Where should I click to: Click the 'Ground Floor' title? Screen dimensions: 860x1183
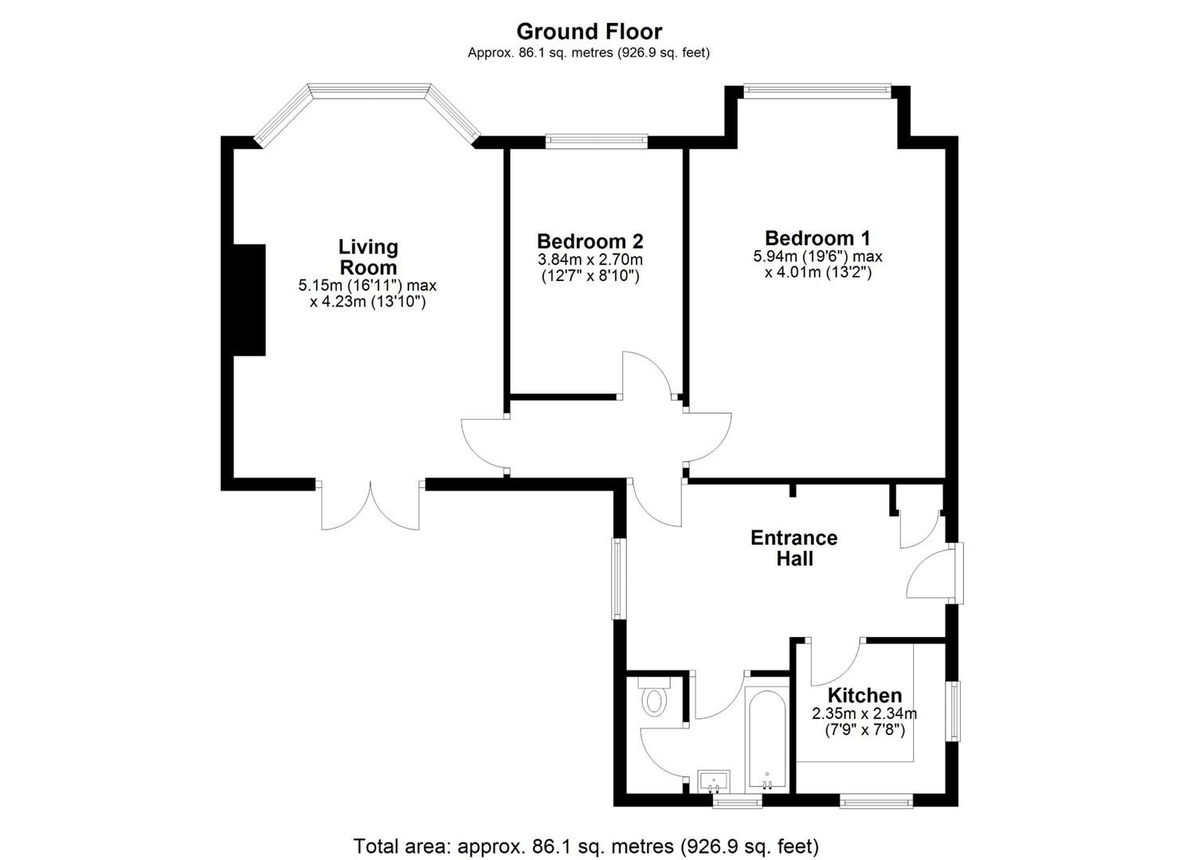pyautogui.click(x=589, y=31)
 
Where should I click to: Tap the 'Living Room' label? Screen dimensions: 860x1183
pyautogui.click(x=367, y=257)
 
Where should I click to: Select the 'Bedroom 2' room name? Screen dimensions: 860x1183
pyautogui.click(x=590, y=240)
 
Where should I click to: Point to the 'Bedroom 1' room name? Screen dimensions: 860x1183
pyautogui.click(x=817, y=237)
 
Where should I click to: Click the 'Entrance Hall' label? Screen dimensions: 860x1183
pyautogui.click(x=794, y=548)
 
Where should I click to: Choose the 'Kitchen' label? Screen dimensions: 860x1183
pyautogui.click(x=864, y=695)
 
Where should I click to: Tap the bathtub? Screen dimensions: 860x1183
pyautogui.click(x=767, y=737)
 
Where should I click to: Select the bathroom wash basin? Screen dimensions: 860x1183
pyautogui.click(x=713, y=780)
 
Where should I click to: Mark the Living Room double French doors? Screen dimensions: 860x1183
pyautogui.click(x=370, y=506)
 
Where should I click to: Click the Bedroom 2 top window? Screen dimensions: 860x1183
pyautogui.click(x=597, y=142)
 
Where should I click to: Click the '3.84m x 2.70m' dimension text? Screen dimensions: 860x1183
pyautogui.click(x=590, y=260)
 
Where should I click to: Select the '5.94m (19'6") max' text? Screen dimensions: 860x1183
pyautogui.click(x=817, y=256)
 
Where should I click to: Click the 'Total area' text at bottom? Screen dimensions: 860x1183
pyautogui.click(x=586, y=845)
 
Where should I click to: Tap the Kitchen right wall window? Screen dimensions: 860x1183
pyautogui.click(x=953, y=711)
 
